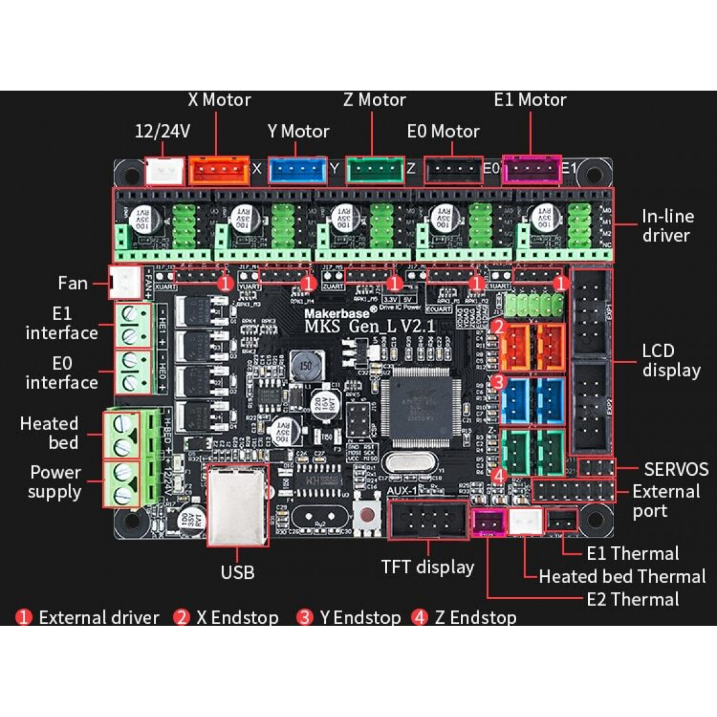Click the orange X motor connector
pyautogui.click(x=219, y=170)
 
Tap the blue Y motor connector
pyautogui.click(x=297, y=171)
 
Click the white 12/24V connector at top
pyautogui.click(x=164, y=171)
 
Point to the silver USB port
pyautogui.click(x=237, y=505)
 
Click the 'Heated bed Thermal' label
pyautogui.click(x=622, y=576)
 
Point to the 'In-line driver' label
pyautogui.click(x=667, y=226)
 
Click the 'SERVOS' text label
pyautogui.click(x=676, y=469)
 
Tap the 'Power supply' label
pyautogui.click(x=55, y=482)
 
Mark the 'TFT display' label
pyautogui.click(x=428, y=567)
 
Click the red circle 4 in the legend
pyautogui.click(x=420, y=617)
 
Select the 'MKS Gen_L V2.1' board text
pyautogui.click(x=369, y=325)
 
